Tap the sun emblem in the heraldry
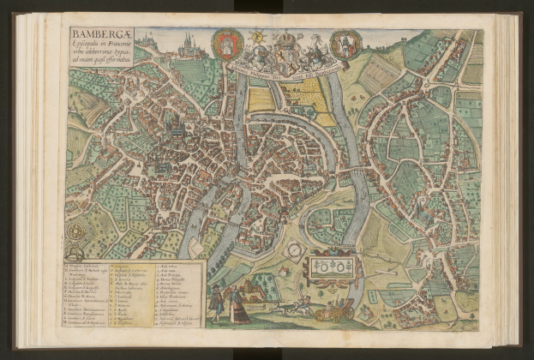255,38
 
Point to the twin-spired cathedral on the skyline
188,41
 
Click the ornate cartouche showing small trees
333,267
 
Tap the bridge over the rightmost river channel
351,174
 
